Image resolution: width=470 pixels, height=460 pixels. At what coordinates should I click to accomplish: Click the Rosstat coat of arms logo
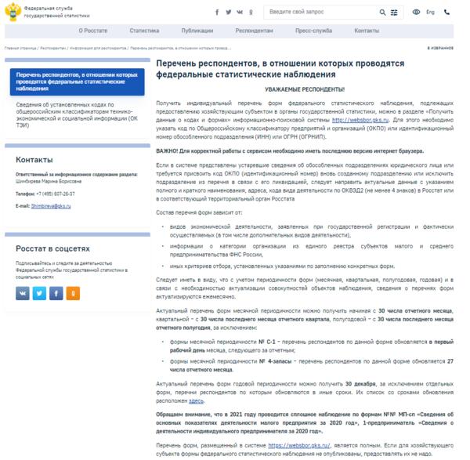13,12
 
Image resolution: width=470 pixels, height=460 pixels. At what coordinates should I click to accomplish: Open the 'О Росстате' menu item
92,30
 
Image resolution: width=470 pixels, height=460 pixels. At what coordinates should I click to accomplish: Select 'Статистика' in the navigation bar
144,30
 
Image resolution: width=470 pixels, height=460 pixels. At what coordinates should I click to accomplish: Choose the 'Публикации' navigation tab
196,30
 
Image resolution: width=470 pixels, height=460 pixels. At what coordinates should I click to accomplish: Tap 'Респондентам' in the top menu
255,30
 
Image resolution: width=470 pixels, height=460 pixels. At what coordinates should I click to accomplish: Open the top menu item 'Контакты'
367,30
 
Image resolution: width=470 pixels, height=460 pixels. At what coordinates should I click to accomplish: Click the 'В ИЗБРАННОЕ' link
439,48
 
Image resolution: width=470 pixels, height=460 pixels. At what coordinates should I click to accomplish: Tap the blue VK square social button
23,293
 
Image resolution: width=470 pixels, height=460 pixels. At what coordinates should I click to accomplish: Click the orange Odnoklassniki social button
73,293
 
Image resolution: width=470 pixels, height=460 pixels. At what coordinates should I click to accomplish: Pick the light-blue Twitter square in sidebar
39,293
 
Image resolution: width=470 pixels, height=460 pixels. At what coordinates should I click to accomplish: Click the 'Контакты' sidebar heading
34,160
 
